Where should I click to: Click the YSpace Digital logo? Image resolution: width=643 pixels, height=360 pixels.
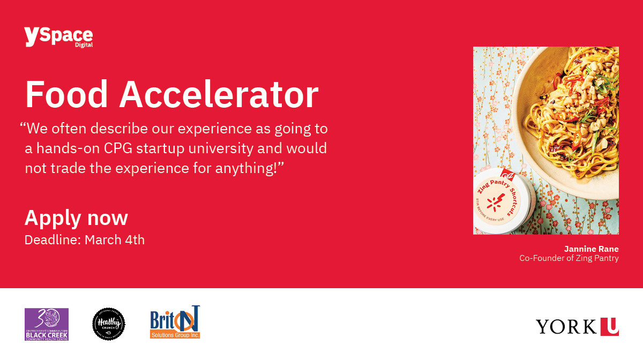[x=58, y=37]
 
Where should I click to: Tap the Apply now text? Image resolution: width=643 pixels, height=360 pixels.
[x=76, y=218]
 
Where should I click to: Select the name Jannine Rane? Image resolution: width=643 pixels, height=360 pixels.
[x=591, y=249]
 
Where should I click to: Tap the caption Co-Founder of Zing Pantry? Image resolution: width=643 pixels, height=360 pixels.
[x=569, y=258]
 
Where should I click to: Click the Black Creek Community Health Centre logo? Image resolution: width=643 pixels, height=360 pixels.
[x=47, y=324]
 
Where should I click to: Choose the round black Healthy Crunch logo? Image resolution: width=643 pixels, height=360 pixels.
[x=109, y=324]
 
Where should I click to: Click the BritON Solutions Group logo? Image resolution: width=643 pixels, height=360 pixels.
[x=175, y=322]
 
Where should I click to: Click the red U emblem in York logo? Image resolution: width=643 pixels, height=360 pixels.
[x=609, y=326]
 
